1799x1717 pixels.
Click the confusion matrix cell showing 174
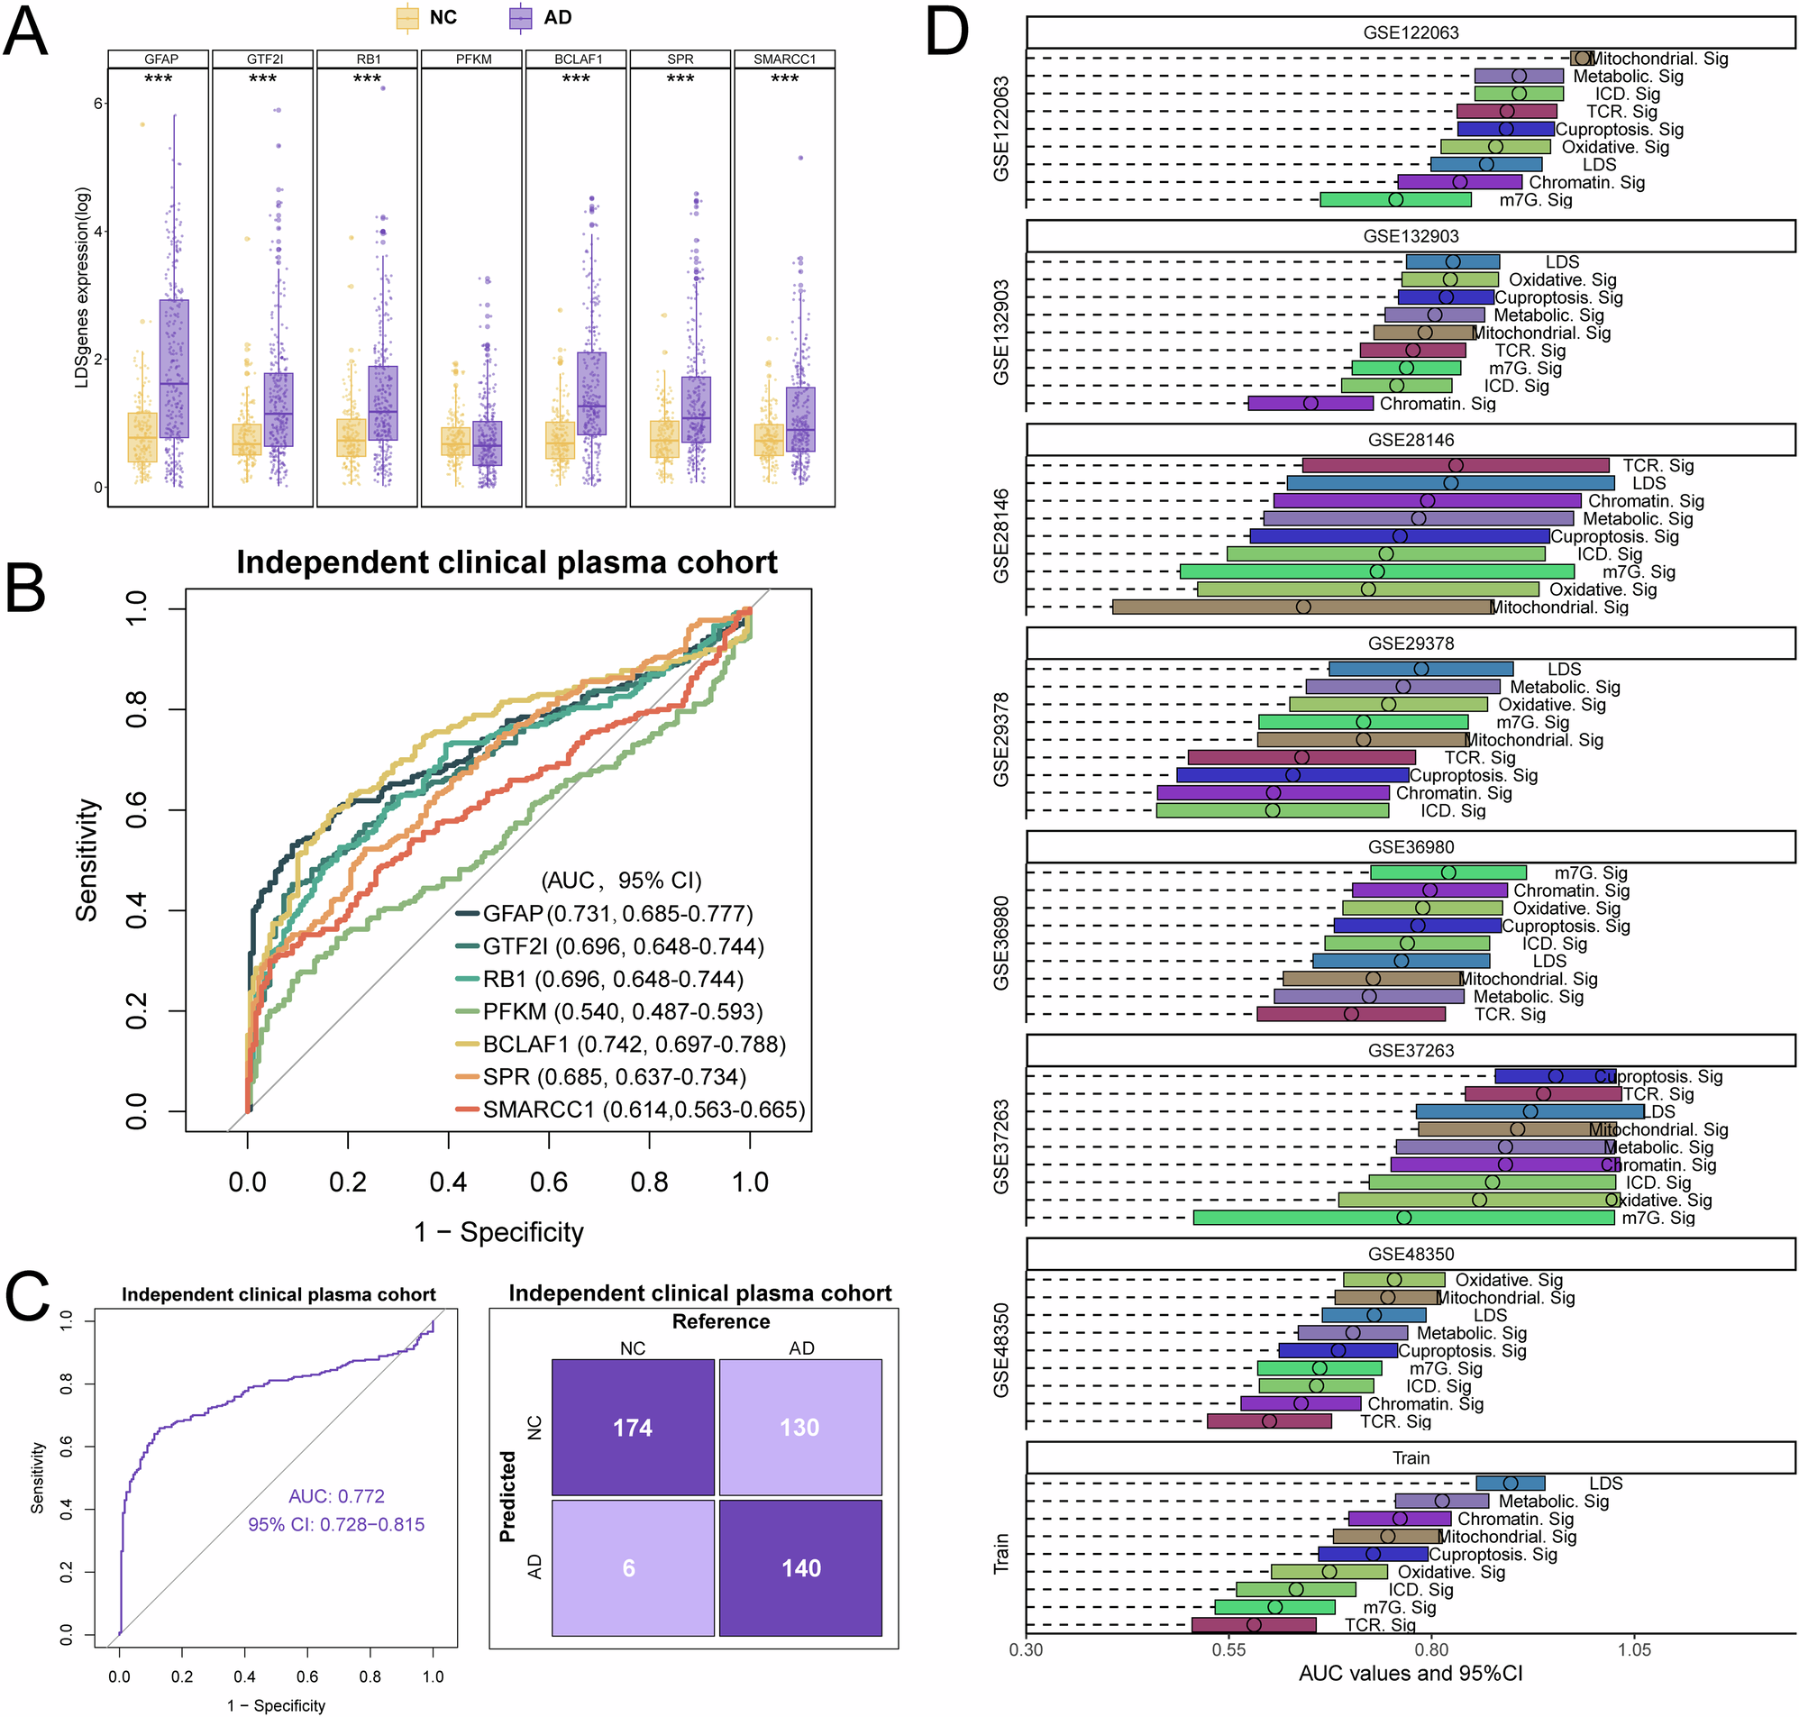click(633, 1427)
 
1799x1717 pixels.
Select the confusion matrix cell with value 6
click(633, 1567)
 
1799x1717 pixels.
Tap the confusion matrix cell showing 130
click(800, 1427)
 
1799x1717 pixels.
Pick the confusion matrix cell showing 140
click(800, 1567)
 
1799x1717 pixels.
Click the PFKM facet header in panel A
click(473, 59)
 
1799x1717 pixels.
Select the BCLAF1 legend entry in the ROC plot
click(619, 1045)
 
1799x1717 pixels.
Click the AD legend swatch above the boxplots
click(521, 17)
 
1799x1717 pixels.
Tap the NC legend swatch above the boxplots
click(407, 17)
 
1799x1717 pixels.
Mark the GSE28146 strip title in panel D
click(1411, 440)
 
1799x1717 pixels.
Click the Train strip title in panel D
click(1411, 1458)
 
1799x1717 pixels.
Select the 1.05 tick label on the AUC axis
click(1634, 1649)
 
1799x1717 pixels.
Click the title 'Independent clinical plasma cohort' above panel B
click(507, 562)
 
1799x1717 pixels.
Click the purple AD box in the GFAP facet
click(174, 369)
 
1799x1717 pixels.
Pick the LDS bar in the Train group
click(1510, 1483)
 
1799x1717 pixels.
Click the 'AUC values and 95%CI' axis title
click(1411, 1674)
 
